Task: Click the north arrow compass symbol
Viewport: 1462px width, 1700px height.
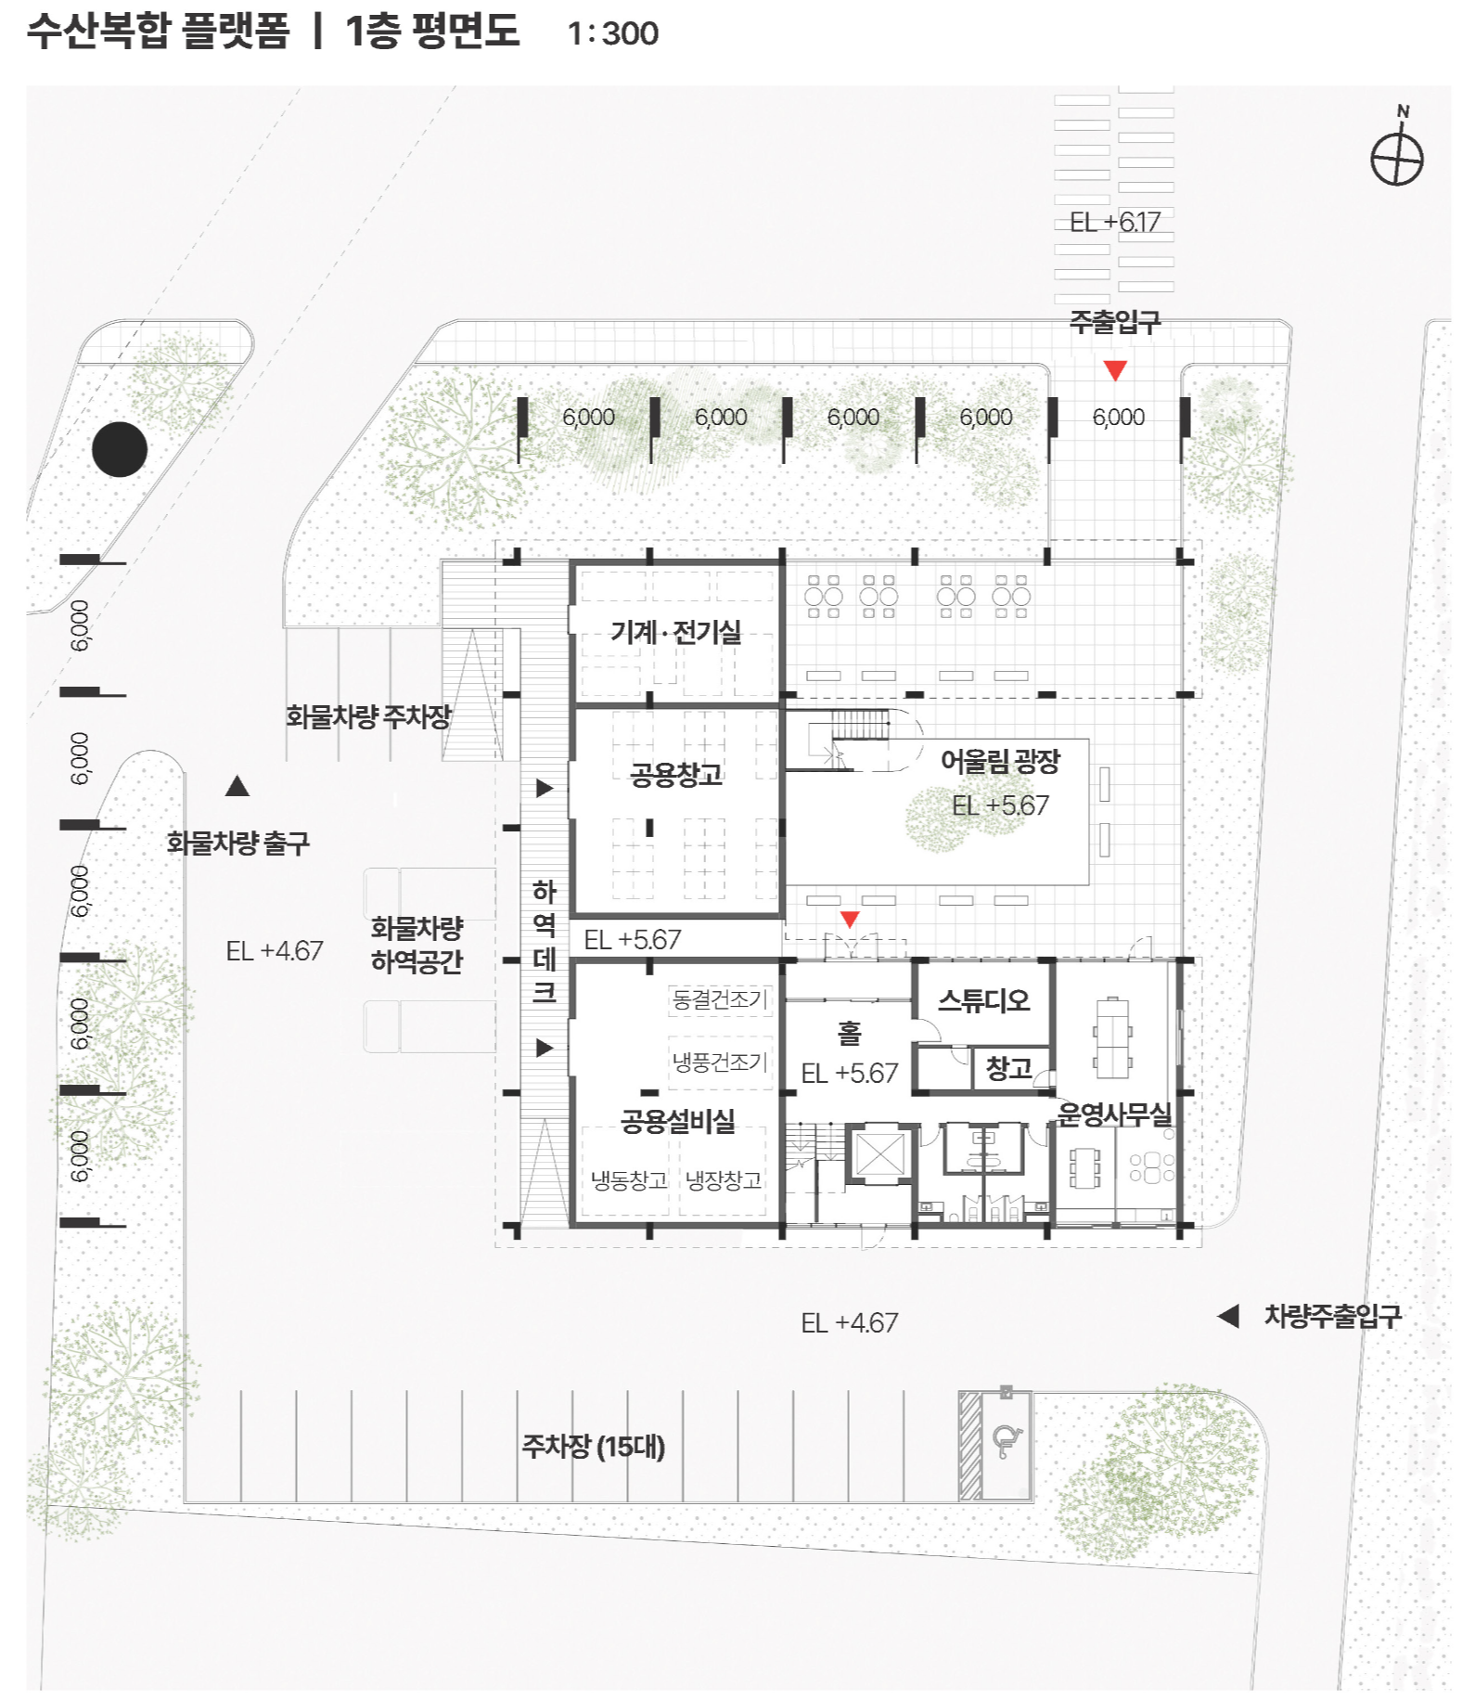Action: (1396, 156)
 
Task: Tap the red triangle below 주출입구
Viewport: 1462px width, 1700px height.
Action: (1115, 370)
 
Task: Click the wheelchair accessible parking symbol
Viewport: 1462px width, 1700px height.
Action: (1006, 1441)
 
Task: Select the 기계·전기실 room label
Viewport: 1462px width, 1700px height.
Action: (675, 632)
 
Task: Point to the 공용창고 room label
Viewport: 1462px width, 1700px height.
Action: (675, 775)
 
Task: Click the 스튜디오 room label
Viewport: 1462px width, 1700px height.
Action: (983, 1000)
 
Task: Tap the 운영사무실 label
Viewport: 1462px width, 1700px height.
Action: (1114, 1114)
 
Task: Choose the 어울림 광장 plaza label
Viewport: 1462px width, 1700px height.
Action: (1000, 762)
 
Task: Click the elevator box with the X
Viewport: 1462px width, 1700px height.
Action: (879, 1153)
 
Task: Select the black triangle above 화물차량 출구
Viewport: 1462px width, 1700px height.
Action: (237, 787)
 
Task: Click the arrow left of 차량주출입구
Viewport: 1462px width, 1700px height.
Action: (1228, 1316)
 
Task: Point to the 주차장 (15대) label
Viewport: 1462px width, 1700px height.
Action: (593, 1446)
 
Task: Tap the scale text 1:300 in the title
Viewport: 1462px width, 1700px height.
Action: (612, 33)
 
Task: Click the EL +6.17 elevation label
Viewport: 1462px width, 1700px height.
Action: (1114, 222)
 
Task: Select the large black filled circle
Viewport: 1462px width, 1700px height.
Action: (120, 449)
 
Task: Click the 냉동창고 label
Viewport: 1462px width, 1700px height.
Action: (629, 1180)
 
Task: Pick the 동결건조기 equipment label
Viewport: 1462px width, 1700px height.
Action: (720, 999)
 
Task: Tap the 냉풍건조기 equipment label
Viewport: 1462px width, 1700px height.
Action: (720, 1062)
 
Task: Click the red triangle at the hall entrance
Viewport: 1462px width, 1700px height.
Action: (849, 920)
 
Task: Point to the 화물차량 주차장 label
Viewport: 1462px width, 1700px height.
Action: (368, 716)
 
